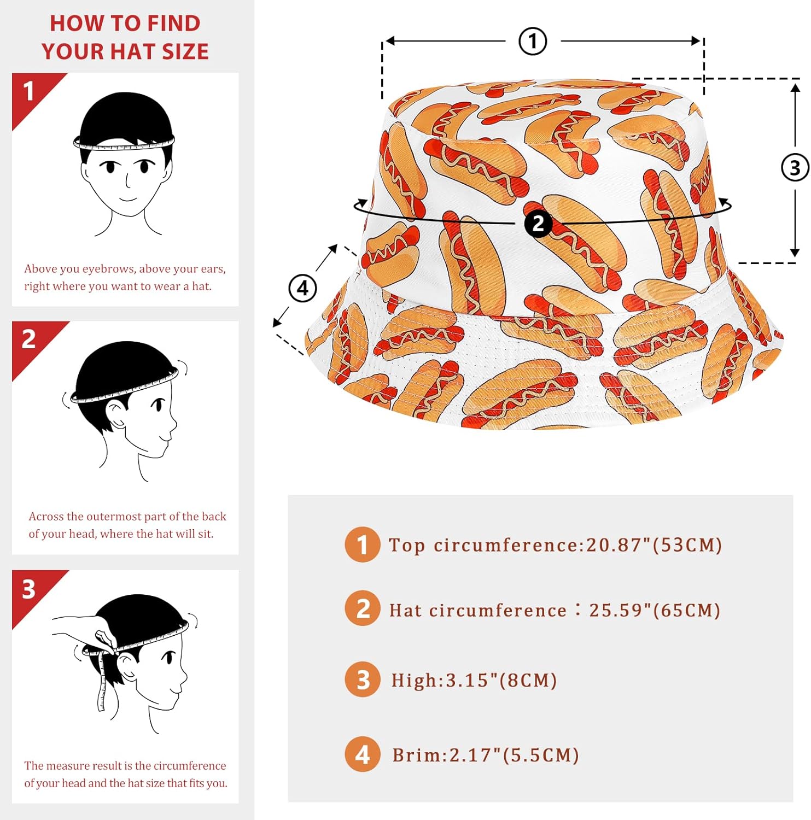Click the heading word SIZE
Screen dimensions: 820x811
coord(185,51)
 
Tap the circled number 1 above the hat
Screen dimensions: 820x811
coord(533,41)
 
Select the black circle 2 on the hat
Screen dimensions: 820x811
coord(538,224)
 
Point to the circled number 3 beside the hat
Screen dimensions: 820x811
coord(795,168)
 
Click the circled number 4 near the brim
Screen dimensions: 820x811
coord(302,288)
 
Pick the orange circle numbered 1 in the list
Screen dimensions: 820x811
coord(362,544)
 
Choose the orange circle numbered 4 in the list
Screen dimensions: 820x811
coord(362,754)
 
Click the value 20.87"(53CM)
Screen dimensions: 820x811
coord(654,545)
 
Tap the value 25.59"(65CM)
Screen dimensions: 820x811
coord(655,610)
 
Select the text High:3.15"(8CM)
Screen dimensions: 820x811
coord(474,681)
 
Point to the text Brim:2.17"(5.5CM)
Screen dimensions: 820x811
coord(486,755)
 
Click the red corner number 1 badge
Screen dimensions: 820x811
coord(29,91)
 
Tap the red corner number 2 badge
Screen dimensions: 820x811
coord(29,339)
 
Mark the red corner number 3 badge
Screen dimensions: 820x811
coord(29,589)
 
